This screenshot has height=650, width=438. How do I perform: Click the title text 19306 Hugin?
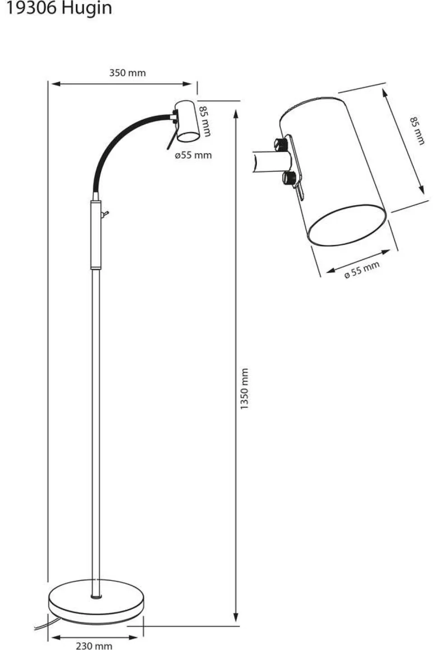59,9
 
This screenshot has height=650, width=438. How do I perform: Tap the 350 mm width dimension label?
127,73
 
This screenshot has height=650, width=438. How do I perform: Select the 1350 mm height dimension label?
245,389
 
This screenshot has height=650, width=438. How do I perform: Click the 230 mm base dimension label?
94,645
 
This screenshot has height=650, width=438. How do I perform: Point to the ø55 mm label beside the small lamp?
193,155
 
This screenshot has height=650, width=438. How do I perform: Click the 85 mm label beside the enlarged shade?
417,131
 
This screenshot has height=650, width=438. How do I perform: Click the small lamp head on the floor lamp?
187,121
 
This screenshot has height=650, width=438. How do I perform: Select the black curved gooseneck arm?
127,148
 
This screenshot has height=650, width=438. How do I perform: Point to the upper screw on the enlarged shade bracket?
280,144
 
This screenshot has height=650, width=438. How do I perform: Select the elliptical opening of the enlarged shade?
347,225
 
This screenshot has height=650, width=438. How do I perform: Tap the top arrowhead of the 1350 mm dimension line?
236,114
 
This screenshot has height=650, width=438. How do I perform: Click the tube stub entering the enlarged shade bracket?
271,163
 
